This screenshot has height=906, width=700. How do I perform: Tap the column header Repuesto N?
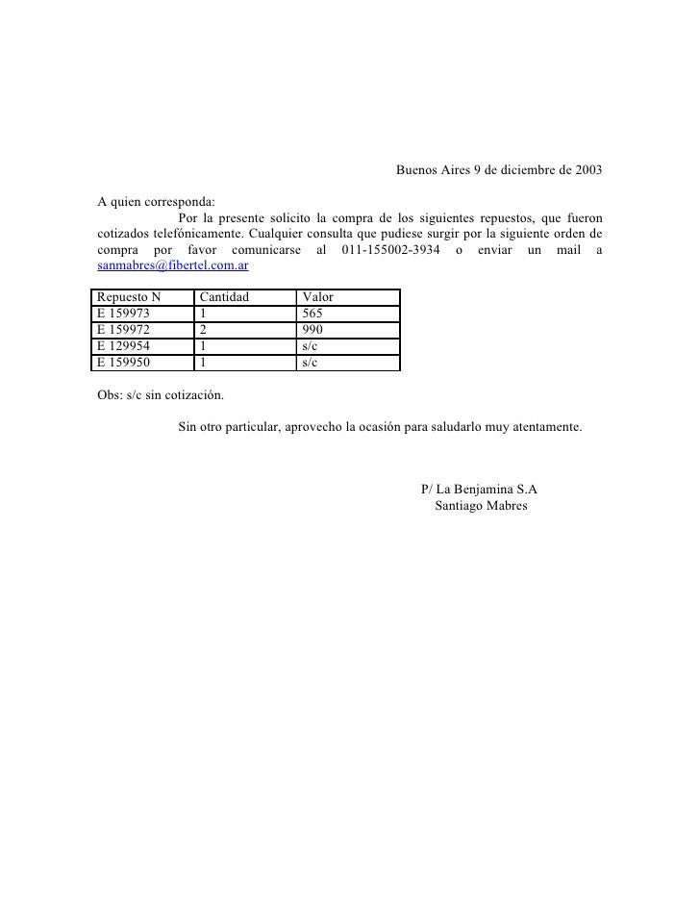pyautogui.click(x=130, y=298)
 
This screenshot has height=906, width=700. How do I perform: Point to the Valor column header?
pyautogui.click(x=317, y=298)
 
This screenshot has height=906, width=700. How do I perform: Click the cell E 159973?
pyautogui.click(x=131, y=314)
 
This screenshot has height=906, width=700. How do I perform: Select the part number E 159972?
pyautogui.click(x=131, y=330)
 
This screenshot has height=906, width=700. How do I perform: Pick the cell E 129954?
pyautogui.click(x=131, y=346)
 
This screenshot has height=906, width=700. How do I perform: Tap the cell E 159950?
pyautogui.click(x=131, y=363)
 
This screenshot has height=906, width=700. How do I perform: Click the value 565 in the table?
pyautogui.click(x=312, y=314)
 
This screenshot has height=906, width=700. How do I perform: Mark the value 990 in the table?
pyautogui.click(x=312, y=330)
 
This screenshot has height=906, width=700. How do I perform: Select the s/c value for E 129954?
pyautogui.click(x=310, y=346)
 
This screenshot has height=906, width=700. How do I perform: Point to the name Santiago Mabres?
pyautogui.click(x=481, y=506)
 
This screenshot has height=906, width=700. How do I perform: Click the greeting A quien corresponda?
pyautogui.click(x=157, y=203)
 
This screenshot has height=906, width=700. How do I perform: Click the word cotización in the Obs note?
pyautogui.click(x=196, y=395)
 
